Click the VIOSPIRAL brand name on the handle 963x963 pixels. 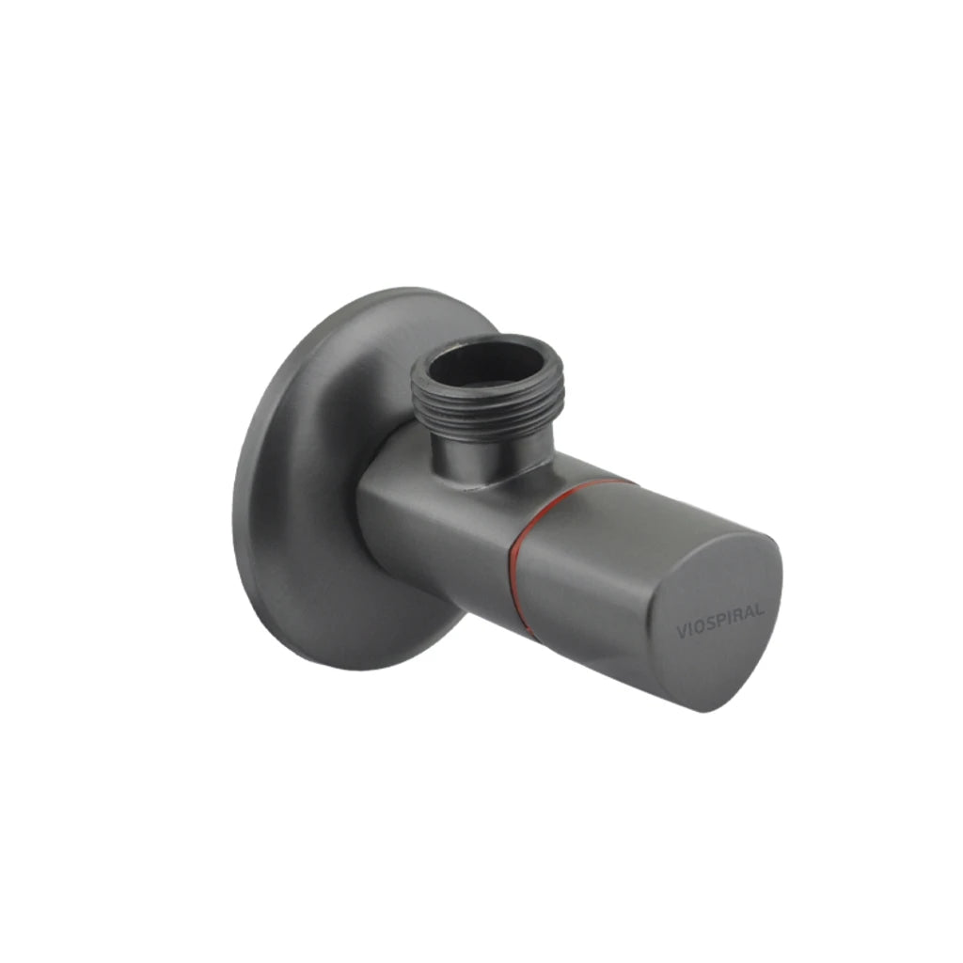(x=720, y=622)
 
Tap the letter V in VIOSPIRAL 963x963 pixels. (x=681, y=632)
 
